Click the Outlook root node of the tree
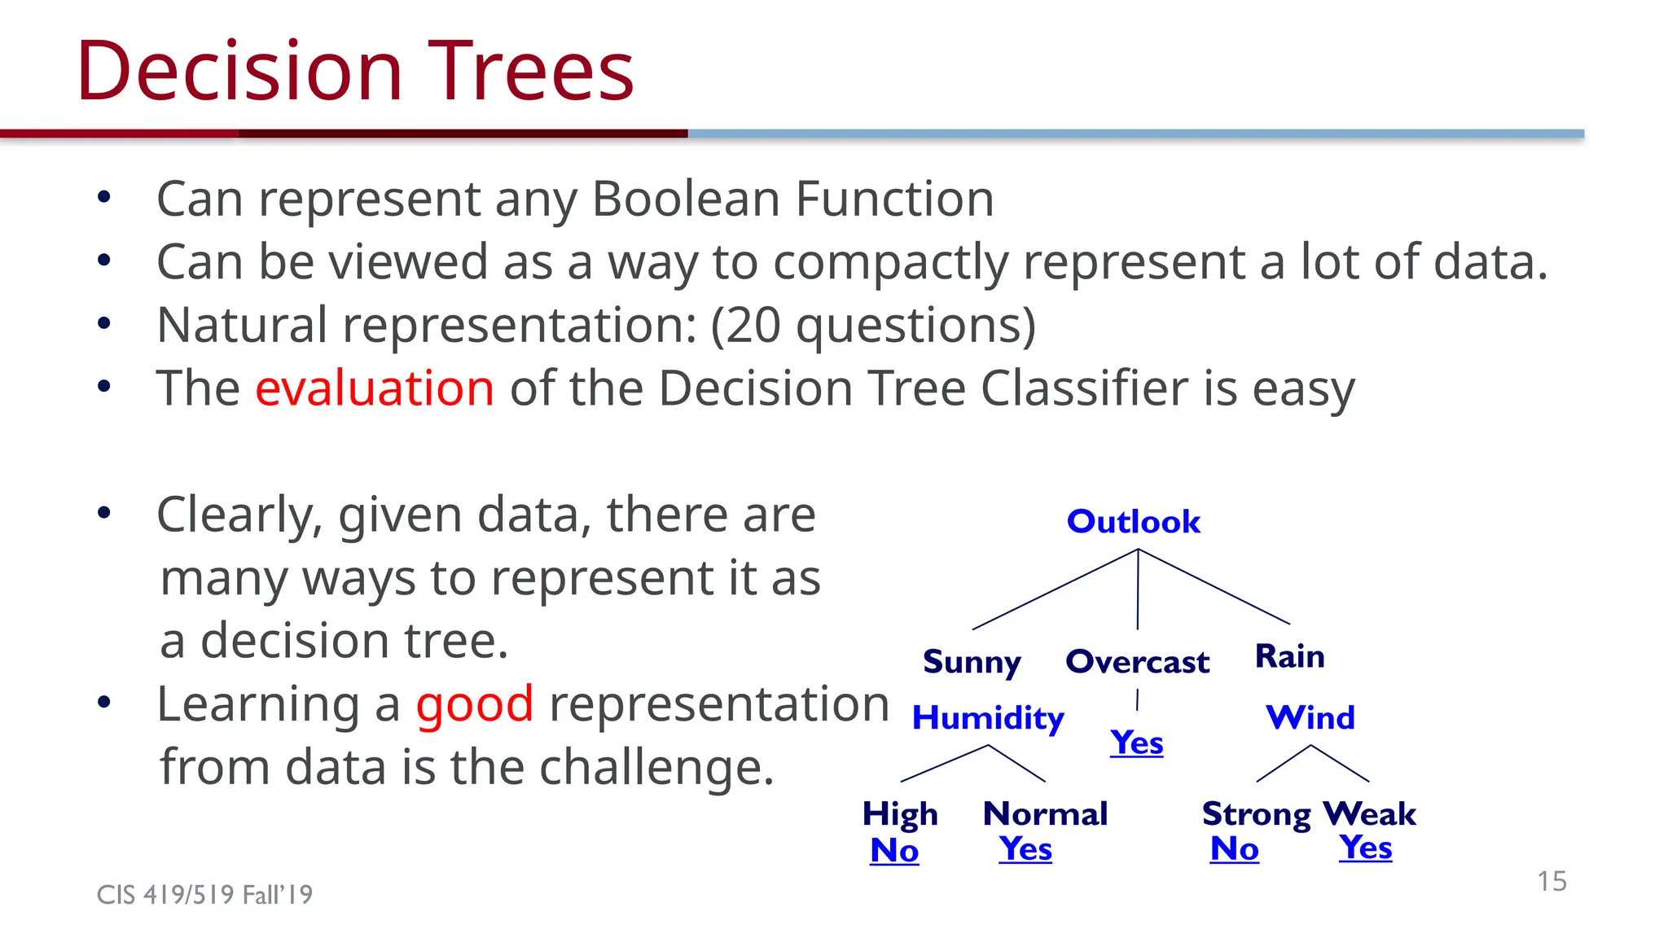pos(1133,522)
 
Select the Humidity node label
pos(987,718)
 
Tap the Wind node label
pos(1310,717)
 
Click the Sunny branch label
pos(971,662)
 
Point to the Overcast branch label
pos(1137,662)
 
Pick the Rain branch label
pos(1289,656)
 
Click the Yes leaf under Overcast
pos(1136,743)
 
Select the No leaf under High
pos(894,850)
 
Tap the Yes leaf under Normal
pos(1025,848)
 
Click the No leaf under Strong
pos(1234,848)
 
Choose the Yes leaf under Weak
pos(1365,847)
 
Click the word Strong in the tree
pos(1256,814)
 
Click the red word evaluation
pos(375,388)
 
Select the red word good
pos(475,703)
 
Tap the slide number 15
pos(1552,881)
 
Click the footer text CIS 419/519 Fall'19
pos(204,895)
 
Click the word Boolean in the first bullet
pos(686,199)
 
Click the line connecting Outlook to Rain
pos(1214,586)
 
